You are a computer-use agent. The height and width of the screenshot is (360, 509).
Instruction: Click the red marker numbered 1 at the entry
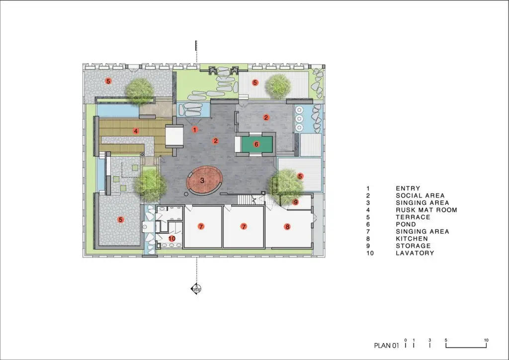194,130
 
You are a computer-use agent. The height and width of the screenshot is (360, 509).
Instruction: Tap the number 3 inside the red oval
202,180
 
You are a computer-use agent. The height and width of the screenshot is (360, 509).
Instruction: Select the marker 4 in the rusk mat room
136,131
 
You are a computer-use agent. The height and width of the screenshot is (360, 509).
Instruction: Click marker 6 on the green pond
256,144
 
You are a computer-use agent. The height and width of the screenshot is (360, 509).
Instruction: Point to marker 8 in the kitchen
287,227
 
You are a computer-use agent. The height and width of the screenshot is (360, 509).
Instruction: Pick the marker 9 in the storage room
295,202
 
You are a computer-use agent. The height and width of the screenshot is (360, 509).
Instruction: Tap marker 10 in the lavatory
171,238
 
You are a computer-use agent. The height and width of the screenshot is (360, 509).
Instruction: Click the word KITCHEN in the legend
412,239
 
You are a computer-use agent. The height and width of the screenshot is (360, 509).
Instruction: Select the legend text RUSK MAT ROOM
426,210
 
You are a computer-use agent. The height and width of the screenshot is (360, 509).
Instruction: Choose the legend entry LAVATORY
415,253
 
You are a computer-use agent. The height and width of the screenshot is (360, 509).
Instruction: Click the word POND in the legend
406,224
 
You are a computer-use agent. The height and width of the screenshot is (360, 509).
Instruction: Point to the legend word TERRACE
413,217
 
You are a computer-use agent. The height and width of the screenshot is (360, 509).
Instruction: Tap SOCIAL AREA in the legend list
420,196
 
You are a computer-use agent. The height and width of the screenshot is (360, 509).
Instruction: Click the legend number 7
368,231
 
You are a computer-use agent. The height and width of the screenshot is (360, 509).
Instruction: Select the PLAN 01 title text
386,346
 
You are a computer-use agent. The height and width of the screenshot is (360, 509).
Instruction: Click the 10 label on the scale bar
486,340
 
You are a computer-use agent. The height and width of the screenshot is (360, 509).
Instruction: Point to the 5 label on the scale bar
446,340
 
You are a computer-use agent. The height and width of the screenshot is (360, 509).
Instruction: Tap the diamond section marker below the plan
196,288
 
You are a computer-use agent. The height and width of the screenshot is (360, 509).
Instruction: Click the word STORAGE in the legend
413,246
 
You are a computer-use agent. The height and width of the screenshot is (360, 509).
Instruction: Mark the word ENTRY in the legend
408,188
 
